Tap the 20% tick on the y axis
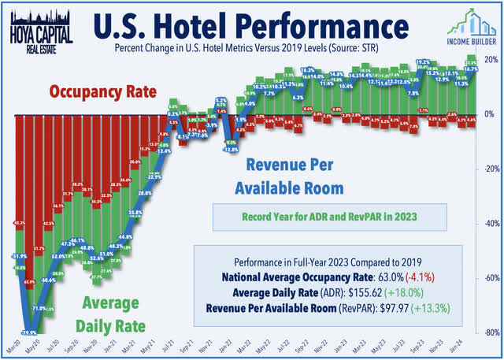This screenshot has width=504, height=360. click(490, 61)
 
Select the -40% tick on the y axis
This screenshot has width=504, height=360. click(490, 224)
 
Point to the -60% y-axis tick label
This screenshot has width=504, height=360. click(490, 278)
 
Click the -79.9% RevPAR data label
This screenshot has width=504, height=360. click(28, 332)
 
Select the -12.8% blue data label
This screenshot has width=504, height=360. click(231, 149)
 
